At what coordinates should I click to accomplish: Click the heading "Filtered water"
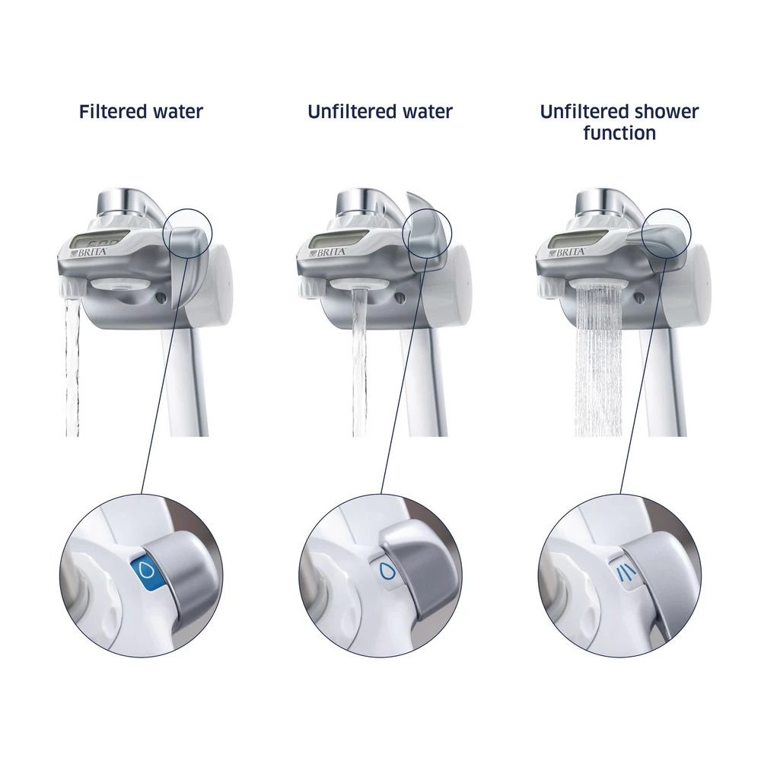coord(141,112)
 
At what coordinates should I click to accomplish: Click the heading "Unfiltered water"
coord(380,112)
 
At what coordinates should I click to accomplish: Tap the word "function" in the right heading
coord(619,133)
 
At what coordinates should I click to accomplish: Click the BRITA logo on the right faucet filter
coord(570,251)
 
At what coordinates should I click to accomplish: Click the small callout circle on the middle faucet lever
coord(427,228)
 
